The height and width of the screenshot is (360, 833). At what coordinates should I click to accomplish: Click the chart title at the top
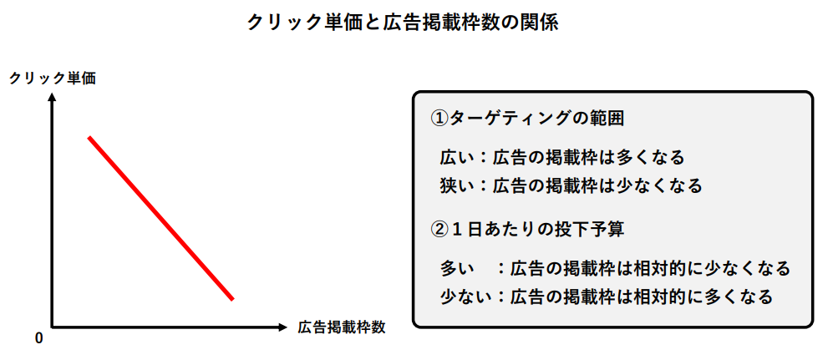click(x=403, y=23)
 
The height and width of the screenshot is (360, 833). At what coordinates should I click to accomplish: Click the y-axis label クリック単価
click(x=53, y=79)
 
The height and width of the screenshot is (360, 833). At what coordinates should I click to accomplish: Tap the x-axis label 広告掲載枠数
click(x=341, y=327)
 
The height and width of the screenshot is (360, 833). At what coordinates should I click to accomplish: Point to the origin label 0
click(x=38, y=338)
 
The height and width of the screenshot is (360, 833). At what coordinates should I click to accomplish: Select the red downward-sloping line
click(x=161, y=218)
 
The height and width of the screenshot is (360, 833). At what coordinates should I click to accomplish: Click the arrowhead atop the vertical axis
click(x=52, y=97)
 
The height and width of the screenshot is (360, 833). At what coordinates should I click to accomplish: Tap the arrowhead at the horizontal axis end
click(x=282, y=327)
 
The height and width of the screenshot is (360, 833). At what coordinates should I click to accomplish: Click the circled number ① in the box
click(x=439, y=119)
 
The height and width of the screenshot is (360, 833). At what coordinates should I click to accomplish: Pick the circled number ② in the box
click(x=439, y=230)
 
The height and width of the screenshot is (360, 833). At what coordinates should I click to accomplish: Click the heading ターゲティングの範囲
click(x=536, y=119)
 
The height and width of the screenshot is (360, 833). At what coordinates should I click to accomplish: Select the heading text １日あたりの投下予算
click(x=537, y=230)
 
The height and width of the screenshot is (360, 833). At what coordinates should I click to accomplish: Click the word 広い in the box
click(x=456, y=158)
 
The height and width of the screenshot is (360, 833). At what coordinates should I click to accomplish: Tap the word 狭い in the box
click(x=456, y=185)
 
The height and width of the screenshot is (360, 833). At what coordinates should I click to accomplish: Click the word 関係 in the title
click(x=541, y=23)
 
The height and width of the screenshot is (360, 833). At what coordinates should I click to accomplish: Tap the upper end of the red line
click(x=89, y=138)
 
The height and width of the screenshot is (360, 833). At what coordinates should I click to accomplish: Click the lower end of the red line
click(x=232, y=299)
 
